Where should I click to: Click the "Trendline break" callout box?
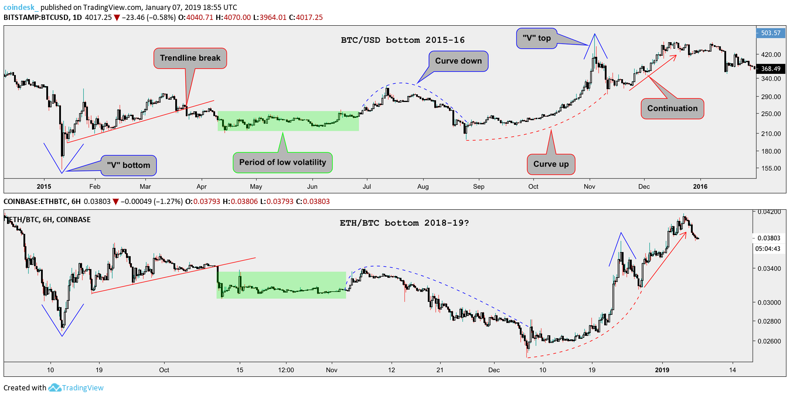(x=190, y=58)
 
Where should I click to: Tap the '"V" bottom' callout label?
(x=128, y=165)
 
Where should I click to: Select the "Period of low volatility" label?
(x=283, y=162)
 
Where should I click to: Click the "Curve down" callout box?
(x=459, y=61)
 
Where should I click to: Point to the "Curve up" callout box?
(x=551, y=164)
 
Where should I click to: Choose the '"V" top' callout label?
(x=537, y=38)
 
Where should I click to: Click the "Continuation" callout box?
(x=672, y=108)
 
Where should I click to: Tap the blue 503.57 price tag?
(x=769, y=33)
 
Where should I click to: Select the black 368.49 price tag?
(x=769, y=69)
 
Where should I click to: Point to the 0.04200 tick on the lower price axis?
(x=768, y=212)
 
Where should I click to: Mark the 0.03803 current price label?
(x=768, y=239)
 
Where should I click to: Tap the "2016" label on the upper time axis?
(x=700, y=186)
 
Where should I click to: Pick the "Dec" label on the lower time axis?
(x=494, y=370)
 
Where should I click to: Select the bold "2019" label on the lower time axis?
(x=662, y=370)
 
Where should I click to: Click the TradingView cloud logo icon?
(x=55, y=387)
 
